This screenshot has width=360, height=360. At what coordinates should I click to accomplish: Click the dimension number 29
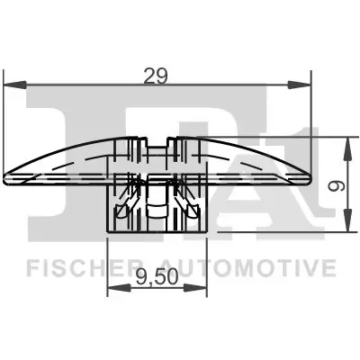[158, 76]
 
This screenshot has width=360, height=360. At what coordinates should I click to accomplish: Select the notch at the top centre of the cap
[158, 143]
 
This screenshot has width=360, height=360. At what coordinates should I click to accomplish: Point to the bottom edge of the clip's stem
[158, 229]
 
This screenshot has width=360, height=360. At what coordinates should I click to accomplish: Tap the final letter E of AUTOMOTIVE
[330, 268]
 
